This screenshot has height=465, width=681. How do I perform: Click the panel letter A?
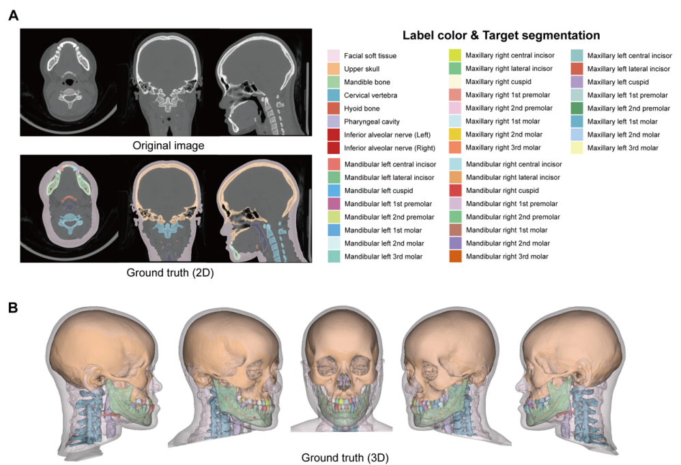[x=13, y=14]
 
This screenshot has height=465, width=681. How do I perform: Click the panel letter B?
[x=13, y=307]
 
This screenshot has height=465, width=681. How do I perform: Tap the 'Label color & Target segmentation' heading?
[x=501, y=35]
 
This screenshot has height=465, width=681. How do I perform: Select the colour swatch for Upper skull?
[x=334, y=69]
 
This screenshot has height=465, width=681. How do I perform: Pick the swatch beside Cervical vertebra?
[x=334, y=95]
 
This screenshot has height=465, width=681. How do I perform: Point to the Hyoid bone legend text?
[x=364, y=108]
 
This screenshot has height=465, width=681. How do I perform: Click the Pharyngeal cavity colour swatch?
[x=334, y=121]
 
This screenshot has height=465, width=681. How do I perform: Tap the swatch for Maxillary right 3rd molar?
[x=454, y=148]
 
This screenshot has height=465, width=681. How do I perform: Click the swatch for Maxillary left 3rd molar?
[x=577, y=148]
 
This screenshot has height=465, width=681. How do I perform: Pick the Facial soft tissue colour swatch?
[x=334, y=55]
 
